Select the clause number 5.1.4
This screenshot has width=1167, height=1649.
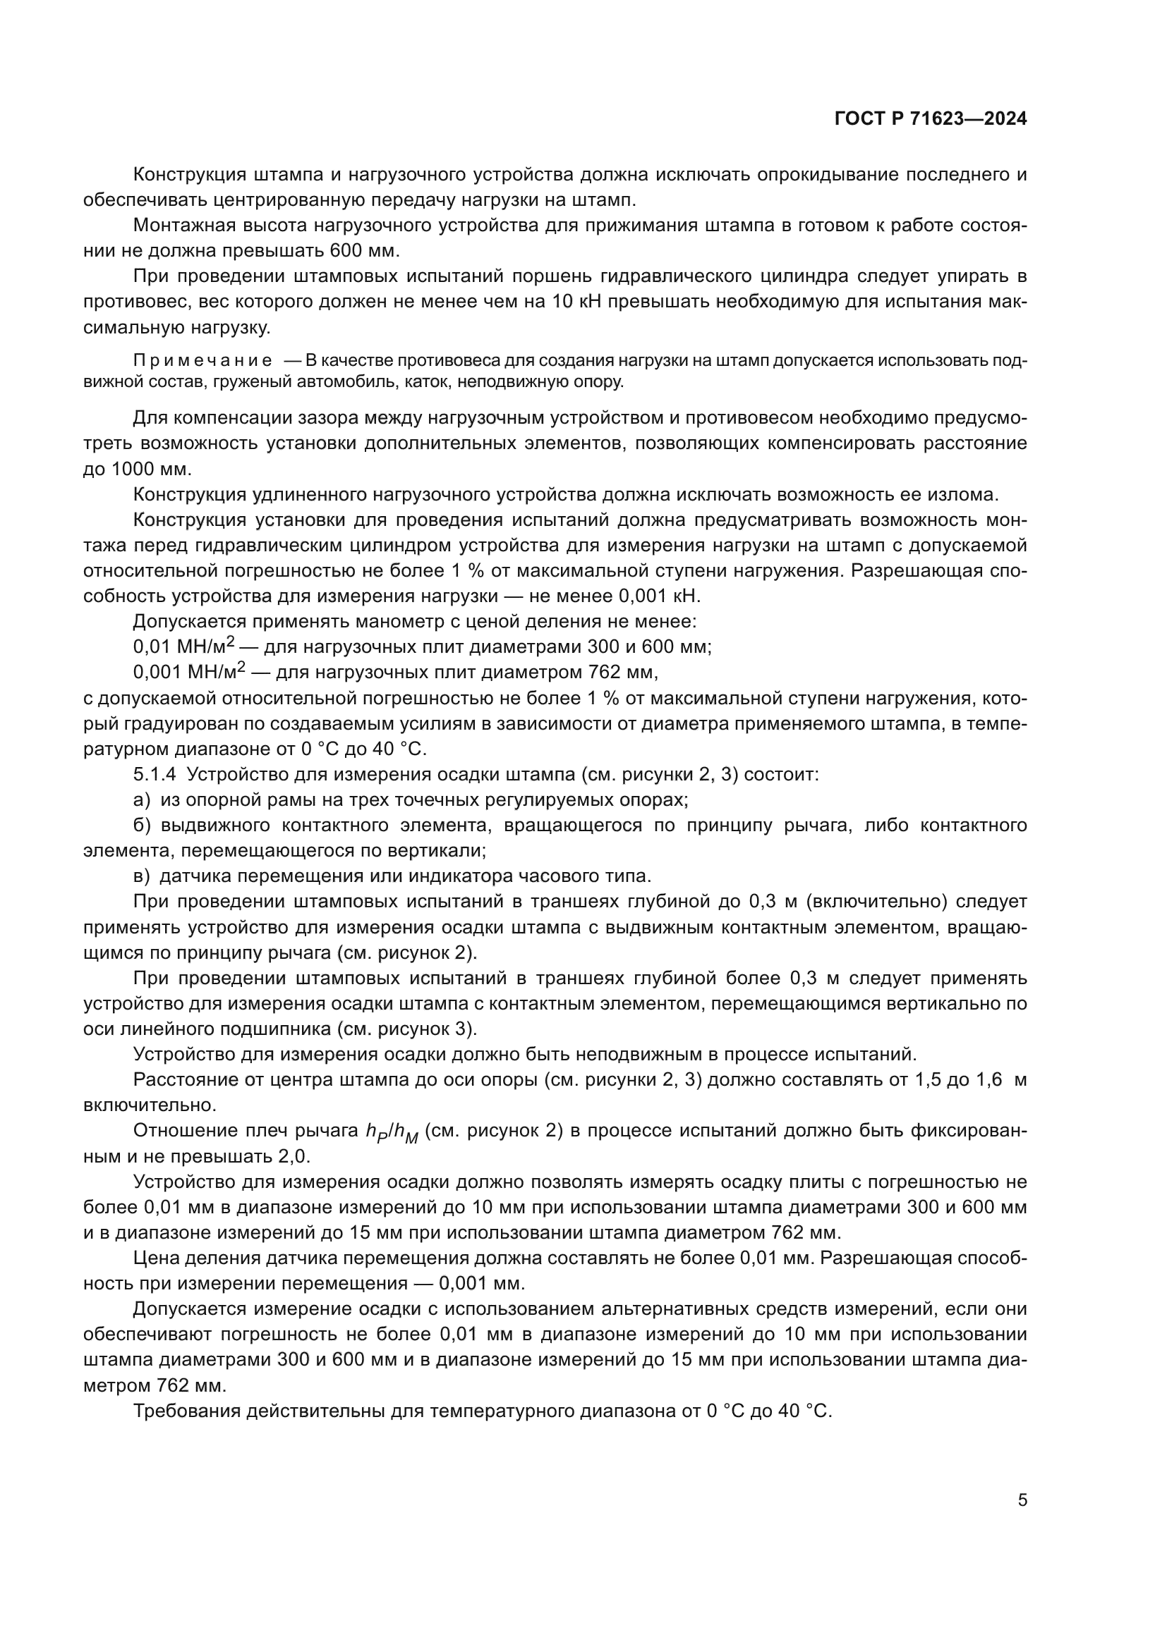153,774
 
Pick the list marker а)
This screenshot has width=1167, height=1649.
142,799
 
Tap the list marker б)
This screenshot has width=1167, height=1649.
142,826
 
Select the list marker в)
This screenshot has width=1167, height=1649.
142,876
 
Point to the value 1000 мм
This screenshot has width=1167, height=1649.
151,469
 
